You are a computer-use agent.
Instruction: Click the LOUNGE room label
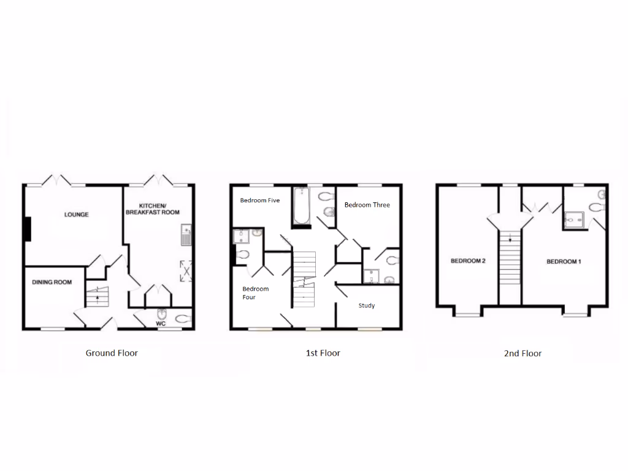tap(77, 215)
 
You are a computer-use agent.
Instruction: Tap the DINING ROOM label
tap(52, 283)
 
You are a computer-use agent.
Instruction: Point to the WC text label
tap(161, 323)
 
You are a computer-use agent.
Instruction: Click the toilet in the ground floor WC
tap(182, 318)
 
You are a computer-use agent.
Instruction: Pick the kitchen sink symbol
tap(186, 235)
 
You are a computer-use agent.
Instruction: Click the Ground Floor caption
tap(112, 353)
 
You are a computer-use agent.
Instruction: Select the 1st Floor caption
tap(323, 353)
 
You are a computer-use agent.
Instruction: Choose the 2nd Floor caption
tap(523, 353)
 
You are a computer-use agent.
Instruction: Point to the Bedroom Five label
tap(260, 201)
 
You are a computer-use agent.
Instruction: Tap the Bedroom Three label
tap(367, 205)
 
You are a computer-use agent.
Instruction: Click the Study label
tap(367, 305)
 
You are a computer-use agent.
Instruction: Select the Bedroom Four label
tap(255, 293)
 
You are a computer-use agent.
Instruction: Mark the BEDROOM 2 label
tap(468, 261)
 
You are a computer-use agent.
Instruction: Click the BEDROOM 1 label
tap(564, 262)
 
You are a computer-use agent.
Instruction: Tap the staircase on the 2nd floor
tap(509, 258)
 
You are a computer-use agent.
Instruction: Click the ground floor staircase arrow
tap(97, 297)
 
